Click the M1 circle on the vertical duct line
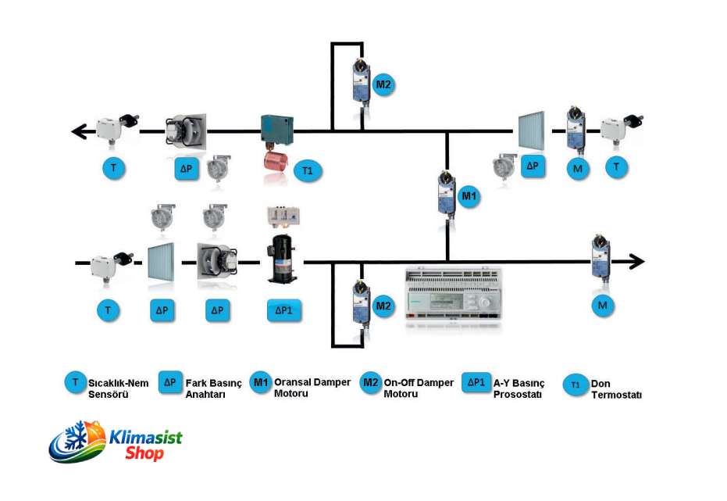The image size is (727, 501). click(x=469, y=197)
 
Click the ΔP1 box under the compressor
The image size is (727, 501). click(x=283, y=310)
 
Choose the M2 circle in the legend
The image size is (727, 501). click(x=370, y=383)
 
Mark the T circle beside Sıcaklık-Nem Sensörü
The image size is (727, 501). click(x=75, y=383)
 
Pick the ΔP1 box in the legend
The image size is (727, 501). click(x=476, y=383)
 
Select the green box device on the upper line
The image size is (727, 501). click(x=276, y=129)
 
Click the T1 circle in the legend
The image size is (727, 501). click(x=576, y=385)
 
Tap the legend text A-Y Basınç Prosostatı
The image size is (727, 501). click(x=519, y=388)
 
